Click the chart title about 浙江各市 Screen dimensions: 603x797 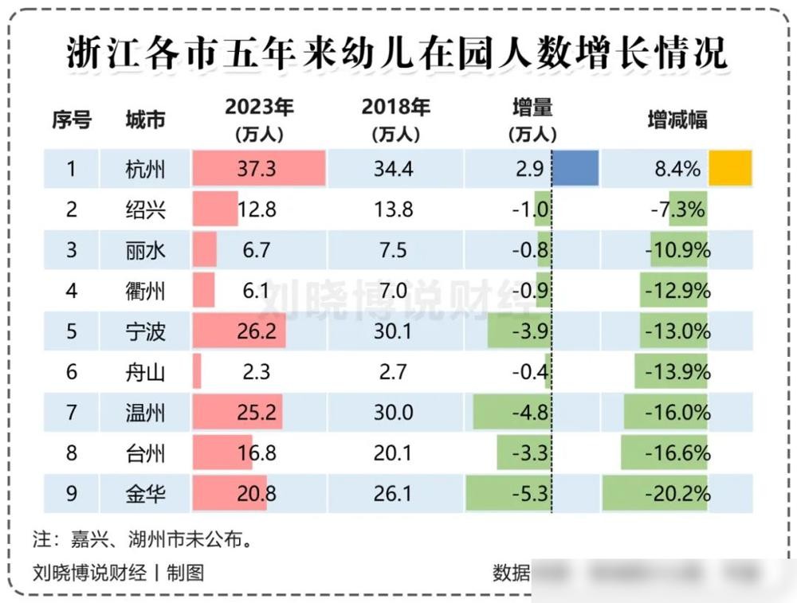click(396, 54)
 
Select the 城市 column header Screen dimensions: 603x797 click(145, 119)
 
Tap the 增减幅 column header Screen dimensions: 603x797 click(677, 119)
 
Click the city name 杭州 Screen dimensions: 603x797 click(145, 169)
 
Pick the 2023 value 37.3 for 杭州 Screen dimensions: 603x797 click(257, 169)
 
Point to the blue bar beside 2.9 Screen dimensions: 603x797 click(575, 168)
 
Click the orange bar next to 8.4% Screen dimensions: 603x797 click(730, 168)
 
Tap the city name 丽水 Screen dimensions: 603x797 click(145, 250)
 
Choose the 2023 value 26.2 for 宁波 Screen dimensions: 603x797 click(257, 331)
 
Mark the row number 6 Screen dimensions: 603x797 click(72, 372)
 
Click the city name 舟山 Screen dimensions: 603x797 click(145, 372)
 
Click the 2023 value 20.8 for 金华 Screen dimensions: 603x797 click(257, 494)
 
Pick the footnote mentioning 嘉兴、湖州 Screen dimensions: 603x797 click(143, 539)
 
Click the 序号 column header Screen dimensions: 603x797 click(72, 119)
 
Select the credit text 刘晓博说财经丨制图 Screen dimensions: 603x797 click(119, 572)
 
